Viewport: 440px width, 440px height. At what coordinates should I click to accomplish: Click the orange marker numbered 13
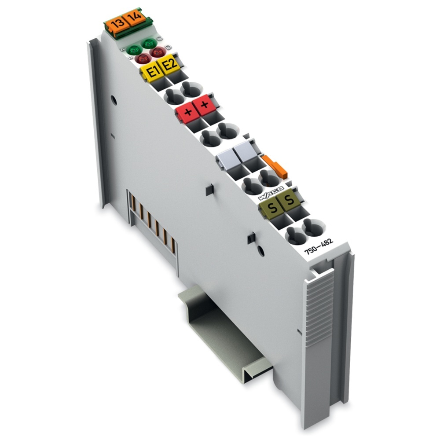coord(117,23)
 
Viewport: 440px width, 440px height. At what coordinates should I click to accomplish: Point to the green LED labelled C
coord(148,44)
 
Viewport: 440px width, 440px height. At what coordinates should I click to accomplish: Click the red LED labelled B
coord(141,59)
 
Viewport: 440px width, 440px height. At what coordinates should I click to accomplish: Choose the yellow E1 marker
coord(151,72)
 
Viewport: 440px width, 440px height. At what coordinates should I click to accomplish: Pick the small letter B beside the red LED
coord(131,58)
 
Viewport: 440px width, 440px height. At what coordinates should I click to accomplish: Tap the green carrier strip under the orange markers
coord(132,31)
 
